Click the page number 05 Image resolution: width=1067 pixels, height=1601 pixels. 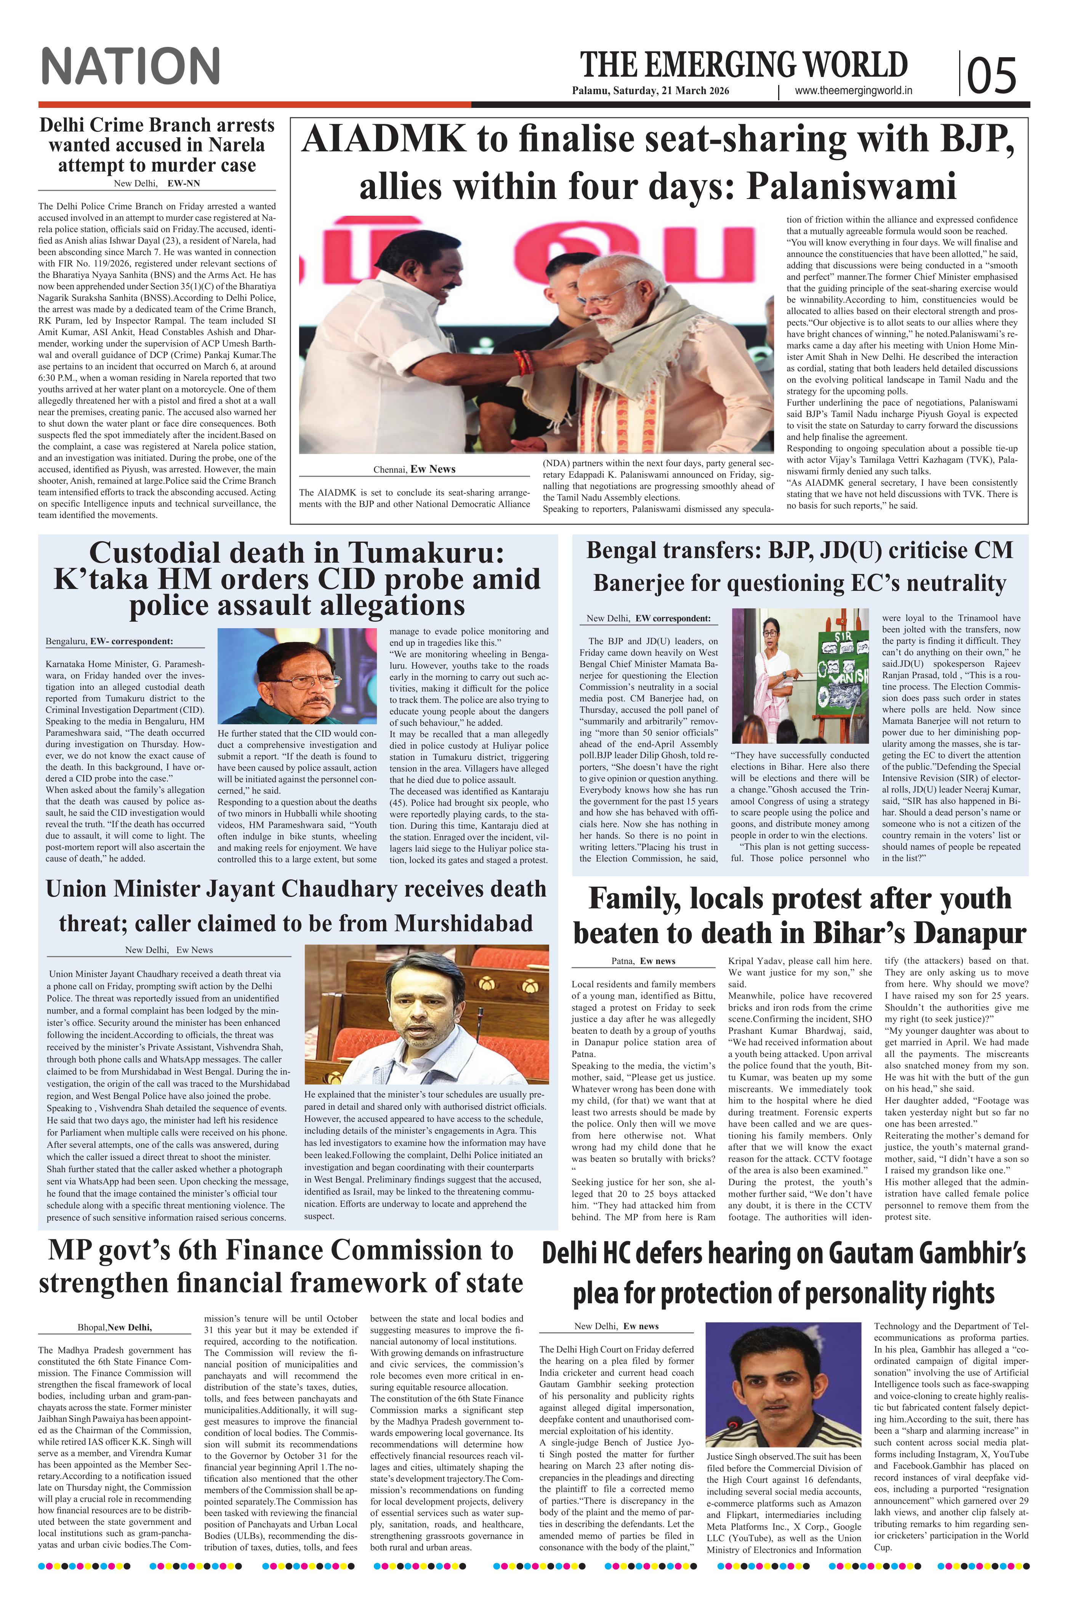(991, 75)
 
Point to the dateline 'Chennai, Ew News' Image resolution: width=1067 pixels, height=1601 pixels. (414, 469)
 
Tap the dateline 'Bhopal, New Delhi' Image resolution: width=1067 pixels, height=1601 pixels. (114, 1327)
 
